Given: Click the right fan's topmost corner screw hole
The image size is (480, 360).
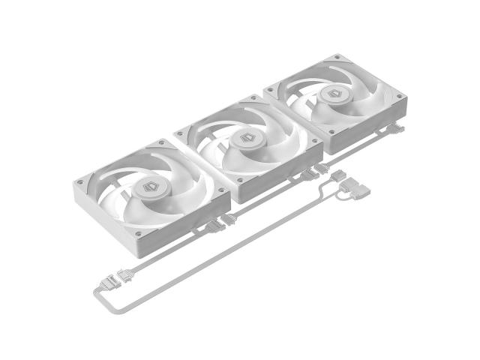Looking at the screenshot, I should tap(335, 58).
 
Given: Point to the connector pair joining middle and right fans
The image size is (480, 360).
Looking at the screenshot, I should tap(315, 171).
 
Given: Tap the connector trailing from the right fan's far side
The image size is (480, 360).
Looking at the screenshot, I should tap(397, 129).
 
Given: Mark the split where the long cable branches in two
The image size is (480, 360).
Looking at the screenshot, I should tap(324, 193).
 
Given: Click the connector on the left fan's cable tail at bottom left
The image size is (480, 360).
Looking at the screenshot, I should tap(125, 275).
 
